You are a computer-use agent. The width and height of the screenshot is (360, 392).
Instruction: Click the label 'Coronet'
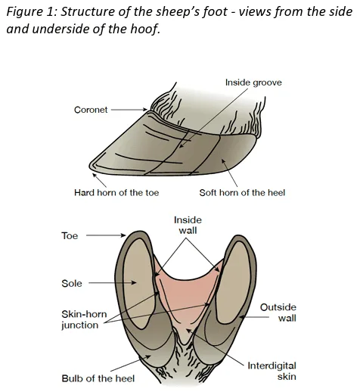tap(91, 110)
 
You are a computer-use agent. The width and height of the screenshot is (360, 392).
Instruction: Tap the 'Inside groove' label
tap(253, 82)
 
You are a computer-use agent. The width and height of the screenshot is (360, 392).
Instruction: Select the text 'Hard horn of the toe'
tap(116, 193)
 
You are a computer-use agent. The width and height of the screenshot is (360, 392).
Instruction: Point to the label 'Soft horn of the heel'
tap(242, 193)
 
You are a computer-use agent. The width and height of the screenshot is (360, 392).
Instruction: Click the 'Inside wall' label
tap(188, 226)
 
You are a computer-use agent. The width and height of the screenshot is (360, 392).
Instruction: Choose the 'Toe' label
tap(70, 236)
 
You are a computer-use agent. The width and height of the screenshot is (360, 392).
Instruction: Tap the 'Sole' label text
tap(72, 283)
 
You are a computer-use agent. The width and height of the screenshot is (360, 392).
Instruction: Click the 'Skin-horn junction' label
tap(84, 319)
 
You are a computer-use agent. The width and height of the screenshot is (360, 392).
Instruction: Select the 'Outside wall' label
tap(278, 313)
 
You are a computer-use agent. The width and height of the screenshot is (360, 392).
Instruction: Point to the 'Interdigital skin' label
tap(272, 371)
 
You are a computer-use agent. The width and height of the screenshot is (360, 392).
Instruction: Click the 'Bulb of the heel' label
tap(98, 378)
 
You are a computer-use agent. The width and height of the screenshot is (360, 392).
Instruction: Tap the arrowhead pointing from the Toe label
tap(123, 235)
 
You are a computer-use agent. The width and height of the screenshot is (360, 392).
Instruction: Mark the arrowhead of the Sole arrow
tap(134, 283)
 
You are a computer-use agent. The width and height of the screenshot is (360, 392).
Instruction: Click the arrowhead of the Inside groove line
tap(182, 145)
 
